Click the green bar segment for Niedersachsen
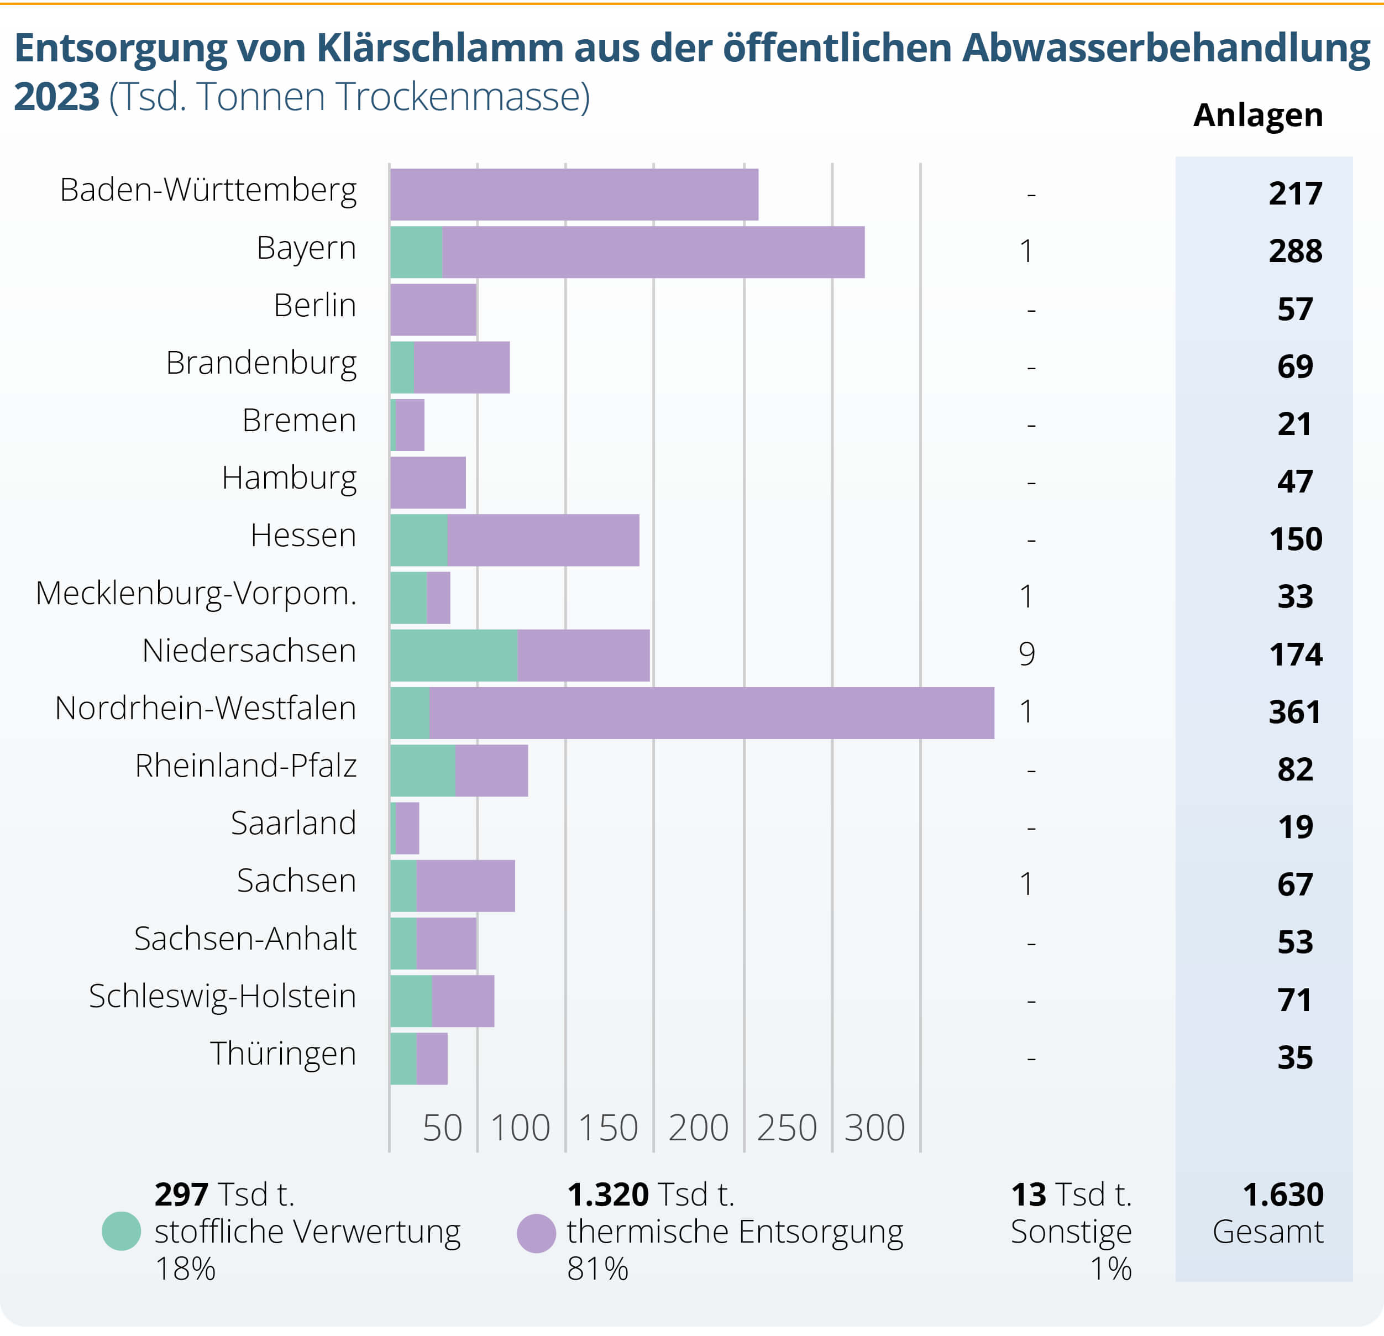coord(453,656)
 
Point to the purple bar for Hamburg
coord(428,483)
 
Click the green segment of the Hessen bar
coord(419,540)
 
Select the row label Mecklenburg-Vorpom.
coord(196,593)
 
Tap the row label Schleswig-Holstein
coord(222,997)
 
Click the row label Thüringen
coord(282,1054)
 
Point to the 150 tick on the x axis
coord(608,1128)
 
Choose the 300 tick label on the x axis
coord(874,1128)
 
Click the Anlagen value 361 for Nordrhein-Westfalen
coord(1294,712)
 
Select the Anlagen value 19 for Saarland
coord(1295,827)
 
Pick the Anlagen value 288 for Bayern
coord(1295,252)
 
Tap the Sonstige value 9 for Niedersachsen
coord(1027,654)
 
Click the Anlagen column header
coord(1257,115)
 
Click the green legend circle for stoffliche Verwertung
coord(122,1231)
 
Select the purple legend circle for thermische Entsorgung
coord(537,1233)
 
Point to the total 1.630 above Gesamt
coord(1282,1195)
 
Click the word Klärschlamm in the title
coord(440,48)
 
